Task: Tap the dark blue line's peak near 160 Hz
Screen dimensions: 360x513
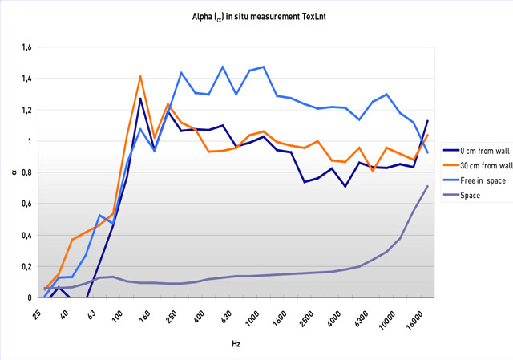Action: (x=140, y=99)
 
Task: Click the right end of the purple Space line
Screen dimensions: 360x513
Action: (x=428, y=186)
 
